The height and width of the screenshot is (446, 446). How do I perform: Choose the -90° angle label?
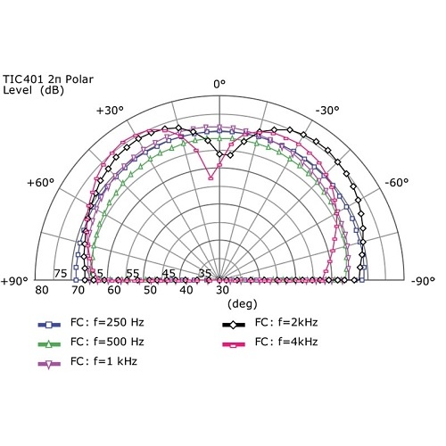click(x=423, y=281)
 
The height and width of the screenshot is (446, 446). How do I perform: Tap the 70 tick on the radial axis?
click(x=78, y=291)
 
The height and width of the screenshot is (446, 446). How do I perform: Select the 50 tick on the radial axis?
click(x=150, y=291)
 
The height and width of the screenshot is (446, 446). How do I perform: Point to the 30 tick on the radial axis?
click(x=222, y=291)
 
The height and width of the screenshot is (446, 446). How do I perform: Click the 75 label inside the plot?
click(x=61, y=274)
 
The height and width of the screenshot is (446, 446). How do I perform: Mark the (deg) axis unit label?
click(x=220, y=303)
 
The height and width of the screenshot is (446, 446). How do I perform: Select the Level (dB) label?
click(x=33, y=90)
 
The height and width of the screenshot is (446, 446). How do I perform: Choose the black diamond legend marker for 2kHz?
click(x=235, y=323)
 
